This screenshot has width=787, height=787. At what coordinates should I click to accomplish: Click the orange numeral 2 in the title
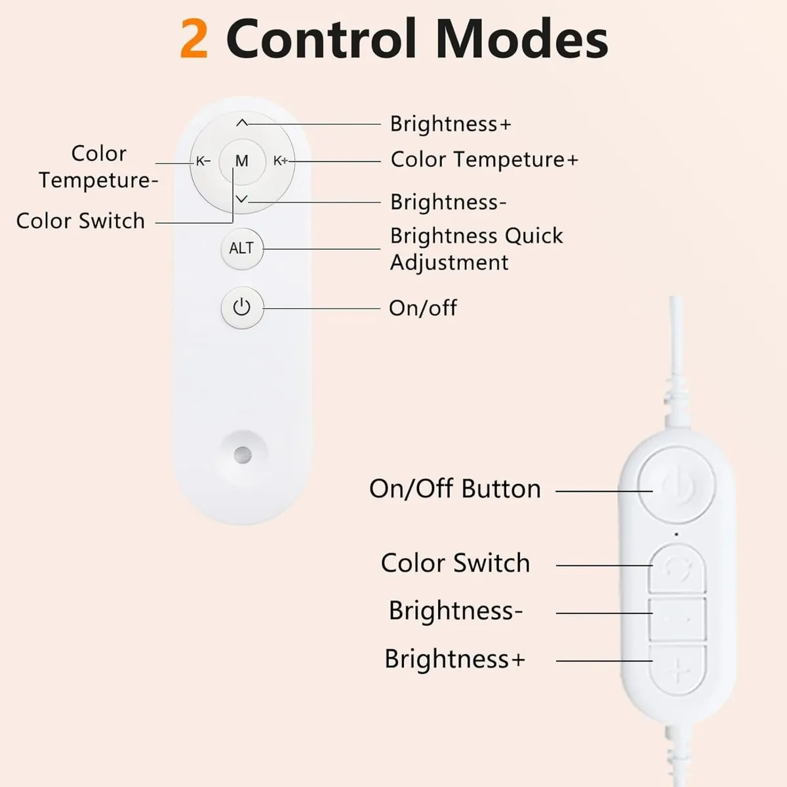(194, 39)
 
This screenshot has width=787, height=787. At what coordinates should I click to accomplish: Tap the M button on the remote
(242, 161)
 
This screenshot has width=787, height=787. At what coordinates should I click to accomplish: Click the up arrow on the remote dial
(242, 123)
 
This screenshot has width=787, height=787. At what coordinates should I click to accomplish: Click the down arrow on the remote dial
(242, 199)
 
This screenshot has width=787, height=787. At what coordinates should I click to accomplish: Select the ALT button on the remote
(241, 249)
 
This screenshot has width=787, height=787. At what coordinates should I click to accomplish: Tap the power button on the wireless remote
(242, 307)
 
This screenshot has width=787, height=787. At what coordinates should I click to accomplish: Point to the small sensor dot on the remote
(243, 454)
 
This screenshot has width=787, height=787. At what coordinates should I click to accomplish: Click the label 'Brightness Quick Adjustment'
(476, 249)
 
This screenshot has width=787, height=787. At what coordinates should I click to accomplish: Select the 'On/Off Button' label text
(455, 489)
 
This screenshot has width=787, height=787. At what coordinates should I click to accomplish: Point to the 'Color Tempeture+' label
(485, 159)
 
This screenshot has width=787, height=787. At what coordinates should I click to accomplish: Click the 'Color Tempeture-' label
(98, 167)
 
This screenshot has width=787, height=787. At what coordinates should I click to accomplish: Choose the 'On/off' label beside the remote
(423, 308)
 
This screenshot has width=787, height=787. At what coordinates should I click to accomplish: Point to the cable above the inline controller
(676, 367)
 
